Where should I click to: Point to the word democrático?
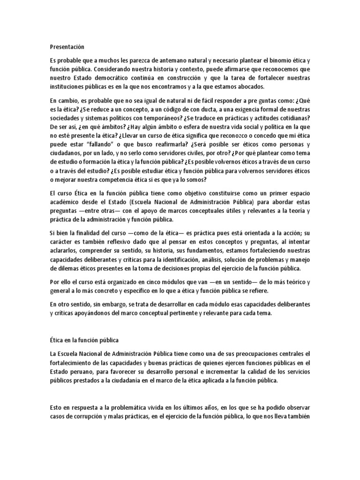(x=108, y=78)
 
